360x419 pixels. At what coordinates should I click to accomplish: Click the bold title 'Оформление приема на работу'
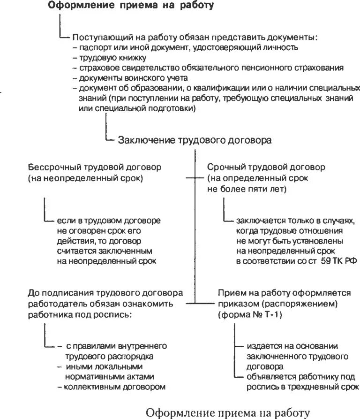pos(131,6)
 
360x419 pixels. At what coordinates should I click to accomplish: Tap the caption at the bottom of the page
pos(228,412)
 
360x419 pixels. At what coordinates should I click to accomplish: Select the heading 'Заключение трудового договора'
pos(195,140)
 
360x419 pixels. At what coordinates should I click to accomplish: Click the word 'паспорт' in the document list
pos(93,47)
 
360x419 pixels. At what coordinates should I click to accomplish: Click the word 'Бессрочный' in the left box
pos(52,167)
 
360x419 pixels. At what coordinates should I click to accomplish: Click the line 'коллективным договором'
pos(115,387)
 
